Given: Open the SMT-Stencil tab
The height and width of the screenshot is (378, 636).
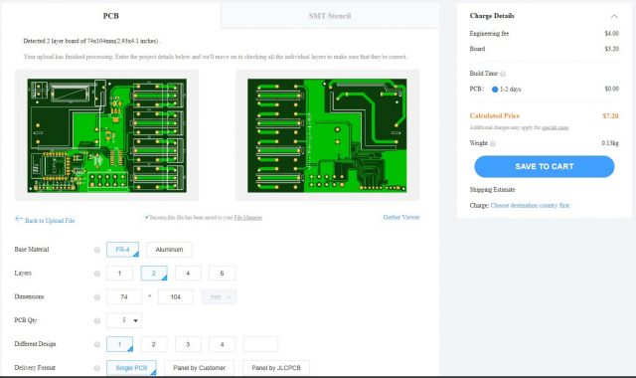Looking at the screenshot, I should [330, 16].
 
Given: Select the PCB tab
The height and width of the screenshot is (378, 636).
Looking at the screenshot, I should [111, 16].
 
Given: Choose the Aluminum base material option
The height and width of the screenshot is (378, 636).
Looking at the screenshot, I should [169, 250].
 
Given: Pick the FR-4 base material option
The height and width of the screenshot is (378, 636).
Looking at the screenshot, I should [122, 250].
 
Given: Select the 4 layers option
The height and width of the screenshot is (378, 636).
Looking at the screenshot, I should [187, 274].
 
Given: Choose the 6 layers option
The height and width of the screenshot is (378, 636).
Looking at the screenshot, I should [221, 274].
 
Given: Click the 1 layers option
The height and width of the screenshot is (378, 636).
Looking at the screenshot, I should [119, 274].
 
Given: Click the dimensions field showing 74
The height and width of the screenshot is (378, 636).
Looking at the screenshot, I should [124, 296].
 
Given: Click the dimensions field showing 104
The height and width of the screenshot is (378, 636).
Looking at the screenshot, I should [175, 296].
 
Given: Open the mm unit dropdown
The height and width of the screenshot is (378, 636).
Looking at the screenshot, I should [219, 296].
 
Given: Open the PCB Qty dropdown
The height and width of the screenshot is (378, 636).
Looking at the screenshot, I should [125, 320].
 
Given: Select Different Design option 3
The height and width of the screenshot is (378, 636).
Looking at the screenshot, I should [187, 344].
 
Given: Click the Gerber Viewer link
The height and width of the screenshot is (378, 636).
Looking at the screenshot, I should [400, 216].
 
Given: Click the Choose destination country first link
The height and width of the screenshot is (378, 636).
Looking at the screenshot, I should [530, 205].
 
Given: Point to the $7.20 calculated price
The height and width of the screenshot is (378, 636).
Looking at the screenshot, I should [611, 115].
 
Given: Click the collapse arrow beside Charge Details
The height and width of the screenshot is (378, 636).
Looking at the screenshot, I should [613, 16].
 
